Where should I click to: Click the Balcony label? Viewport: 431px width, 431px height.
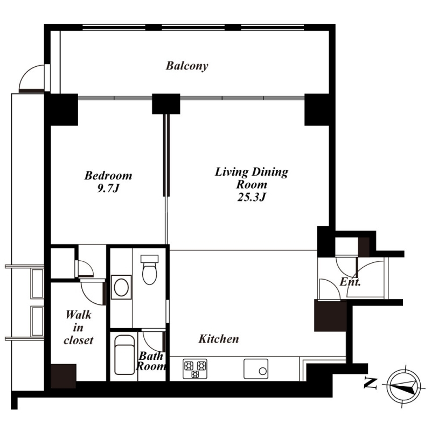coord(187,66)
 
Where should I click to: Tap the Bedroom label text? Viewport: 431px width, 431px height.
coord(108,176)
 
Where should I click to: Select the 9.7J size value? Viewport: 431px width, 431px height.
coord(108,188)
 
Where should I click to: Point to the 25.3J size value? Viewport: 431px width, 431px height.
coord(252,197)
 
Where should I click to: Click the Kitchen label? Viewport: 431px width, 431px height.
coord(219,339)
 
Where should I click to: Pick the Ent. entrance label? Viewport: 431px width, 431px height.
coord(350,282)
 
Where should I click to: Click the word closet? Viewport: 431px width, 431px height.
coord(79,340)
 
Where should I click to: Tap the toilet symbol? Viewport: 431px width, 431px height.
coord(150,270)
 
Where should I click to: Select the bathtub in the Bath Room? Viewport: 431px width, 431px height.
coord(124,354)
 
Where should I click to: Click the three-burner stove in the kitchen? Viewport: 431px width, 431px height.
coord(195,369)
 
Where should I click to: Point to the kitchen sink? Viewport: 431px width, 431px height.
coord(256,369)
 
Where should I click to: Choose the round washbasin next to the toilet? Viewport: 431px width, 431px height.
coord(121,288)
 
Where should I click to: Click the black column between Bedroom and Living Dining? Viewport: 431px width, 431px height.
coord(166,104)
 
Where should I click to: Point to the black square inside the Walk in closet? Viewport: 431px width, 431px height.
coord(64,376)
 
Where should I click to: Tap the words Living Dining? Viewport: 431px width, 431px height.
coord(252,172)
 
